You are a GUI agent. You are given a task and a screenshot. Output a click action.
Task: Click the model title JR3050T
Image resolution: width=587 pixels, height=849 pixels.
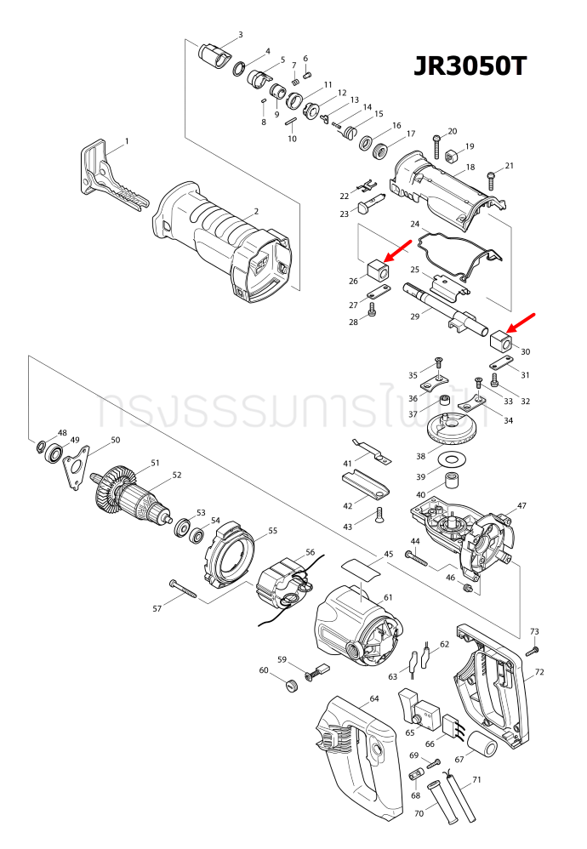[470, 67]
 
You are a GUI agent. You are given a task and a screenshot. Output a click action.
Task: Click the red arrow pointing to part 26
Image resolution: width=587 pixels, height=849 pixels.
[396, 252]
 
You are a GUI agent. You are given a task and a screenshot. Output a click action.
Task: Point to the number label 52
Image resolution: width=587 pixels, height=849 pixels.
[177, 476]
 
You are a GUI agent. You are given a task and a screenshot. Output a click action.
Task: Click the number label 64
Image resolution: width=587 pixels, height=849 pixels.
[373, 698]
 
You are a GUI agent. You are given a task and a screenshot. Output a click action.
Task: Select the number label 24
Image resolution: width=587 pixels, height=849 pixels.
[415, 225]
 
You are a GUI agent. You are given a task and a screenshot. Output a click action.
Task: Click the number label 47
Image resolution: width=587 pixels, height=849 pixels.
[521, 505]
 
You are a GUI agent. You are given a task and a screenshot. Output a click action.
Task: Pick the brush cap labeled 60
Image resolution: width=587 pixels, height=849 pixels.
[288, 684]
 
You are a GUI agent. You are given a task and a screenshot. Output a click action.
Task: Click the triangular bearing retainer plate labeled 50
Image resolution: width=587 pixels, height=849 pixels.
[76, 464]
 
